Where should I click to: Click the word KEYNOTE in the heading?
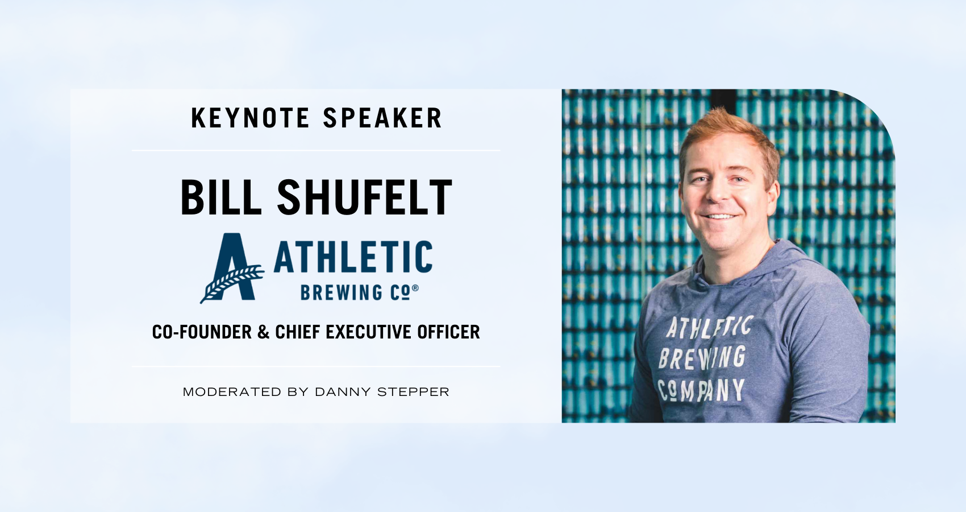[250, 118]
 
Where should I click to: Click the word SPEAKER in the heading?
[382, 118]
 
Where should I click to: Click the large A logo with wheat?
[232, 268]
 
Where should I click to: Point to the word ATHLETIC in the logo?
[353, 257]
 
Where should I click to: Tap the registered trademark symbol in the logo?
[415, 288]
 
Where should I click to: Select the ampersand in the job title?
[263, 332]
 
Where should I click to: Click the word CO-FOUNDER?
[202, 332]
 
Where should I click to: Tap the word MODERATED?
[232, 392]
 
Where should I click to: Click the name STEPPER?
[413, 392]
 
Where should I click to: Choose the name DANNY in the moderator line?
[343, 392]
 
